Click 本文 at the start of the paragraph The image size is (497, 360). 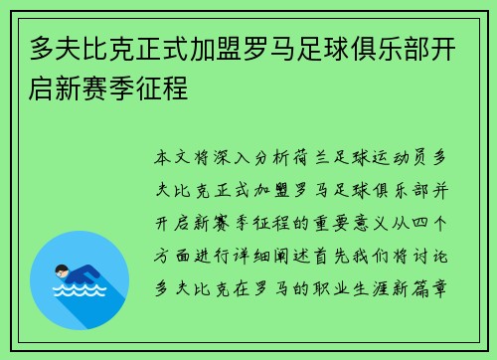(168, 157)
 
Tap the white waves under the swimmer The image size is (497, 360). (79, 293)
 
